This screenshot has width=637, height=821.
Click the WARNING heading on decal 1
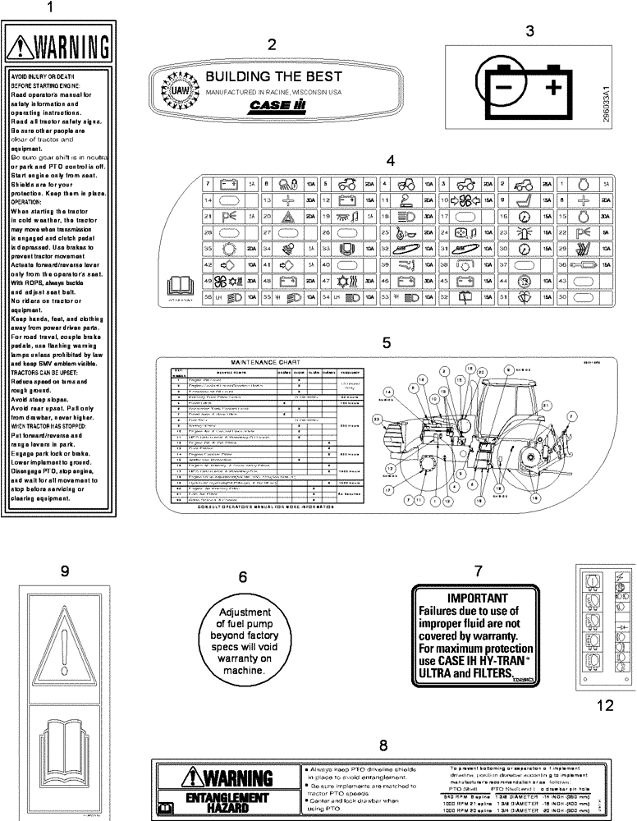pos(62,43)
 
